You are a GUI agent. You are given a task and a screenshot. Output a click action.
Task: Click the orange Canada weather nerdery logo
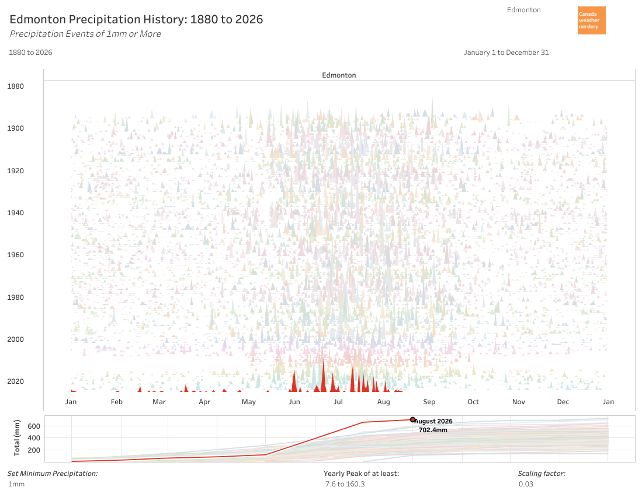point(591,20)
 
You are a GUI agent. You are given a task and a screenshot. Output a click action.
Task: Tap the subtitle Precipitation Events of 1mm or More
point(85,34)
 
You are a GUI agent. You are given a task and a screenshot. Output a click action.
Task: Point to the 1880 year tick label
point(16,86)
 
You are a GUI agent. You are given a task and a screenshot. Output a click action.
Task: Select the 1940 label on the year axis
point(16,212)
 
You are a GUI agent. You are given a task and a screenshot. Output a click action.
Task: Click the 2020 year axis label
point(16,381)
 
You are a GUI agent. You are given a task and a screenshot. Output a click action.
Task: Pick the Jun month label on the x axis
point(294,402)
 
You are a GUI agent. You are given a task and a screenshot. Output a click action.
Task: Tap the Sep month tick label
point(429,402)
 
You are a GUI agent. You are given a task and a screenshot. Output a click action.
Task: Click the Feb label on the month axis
point(117,402)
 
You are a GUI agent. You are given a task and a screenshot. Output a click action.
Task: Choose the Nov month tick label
point(518,402)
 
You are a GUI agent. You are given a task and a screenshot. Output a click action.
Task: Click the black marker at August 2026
point(412,420)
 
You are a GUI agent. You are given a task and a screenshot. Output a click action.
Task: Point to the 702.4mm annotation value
point(433,430)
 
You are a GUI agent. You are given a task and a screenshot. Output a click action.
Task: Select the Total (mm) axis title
point(17,437)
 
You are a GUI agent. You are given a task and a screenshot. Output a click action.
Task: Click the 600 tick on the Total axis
point(34,426)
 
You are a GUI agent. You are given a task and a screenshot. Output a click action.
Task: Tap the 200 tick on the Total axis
point(34,450)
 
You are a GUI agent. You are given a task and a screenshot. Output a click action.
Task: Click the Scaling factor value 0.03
point(526,484)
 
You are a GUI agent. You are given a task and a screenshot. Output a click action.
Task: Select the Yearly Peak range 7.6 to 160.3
point(345,484)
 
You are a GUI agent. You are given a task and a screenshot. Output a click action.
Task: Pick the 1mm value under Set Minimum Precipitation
point(16,484)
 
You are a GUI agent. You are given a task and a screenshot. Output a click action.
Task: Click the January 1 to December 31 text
point(506,52)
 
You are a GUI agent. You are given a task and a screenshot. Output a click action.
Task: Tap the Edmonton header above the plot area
point(339,75)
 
